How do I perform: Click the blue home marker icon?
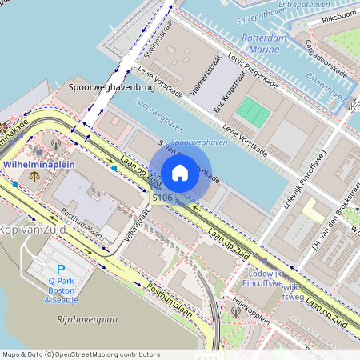point(180,173)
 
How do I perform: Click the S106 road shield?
point(162,197)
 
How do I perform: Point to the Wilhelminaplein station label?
point(39,162)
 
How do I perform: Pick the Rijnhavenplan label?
point(87,319)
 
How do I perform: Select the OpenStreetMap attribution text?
point(81,354)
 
